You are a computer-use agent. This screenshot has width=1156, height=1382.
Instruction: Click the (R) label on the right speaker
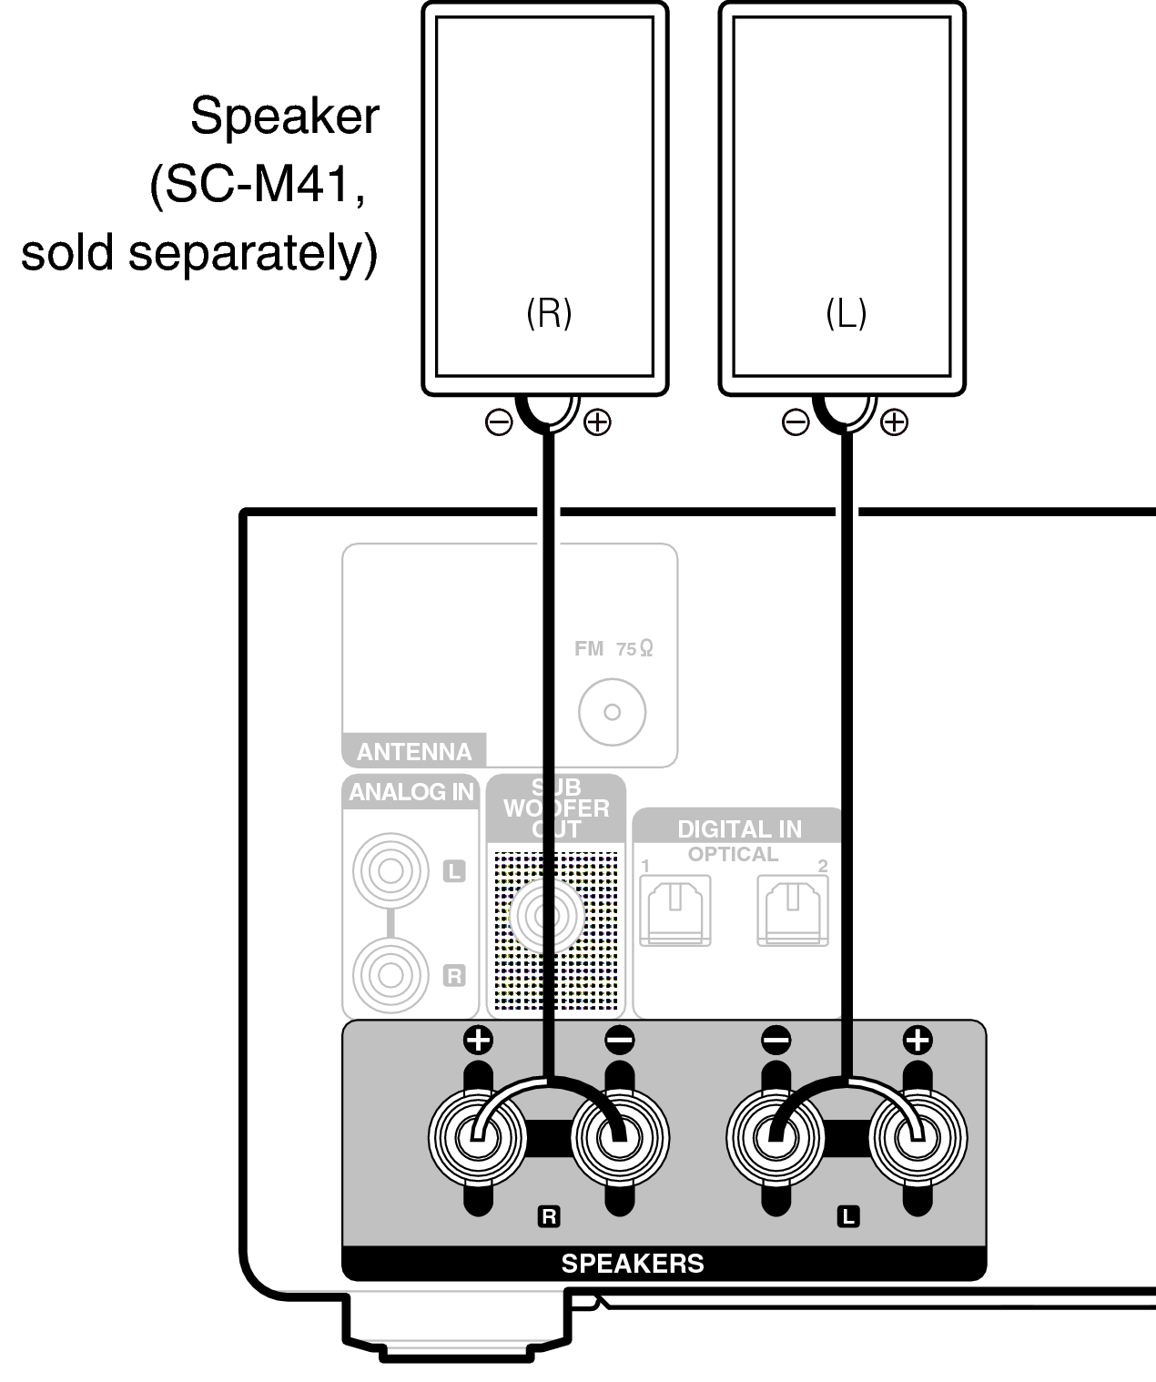tap(549, 313)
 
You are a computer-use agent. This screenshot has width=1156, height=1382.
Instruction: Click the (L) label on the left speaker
tap(846, 314)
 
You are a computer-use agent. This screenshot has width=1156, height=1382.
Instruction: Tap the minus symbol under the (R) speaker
tap(499, 422)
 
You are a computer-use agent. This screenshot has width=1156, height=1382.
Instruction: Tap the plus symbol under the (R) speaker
tap(597, 422)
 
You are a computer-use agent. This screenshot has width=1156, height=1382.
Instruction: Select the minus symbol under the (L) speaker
tap(796, 422)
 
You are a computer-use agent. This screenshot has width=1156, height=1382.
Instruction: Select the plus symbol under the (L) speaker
tap(895, 422)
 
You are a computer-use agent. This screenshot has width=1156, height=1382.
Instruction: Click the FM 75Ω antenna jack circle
tap(612, 712)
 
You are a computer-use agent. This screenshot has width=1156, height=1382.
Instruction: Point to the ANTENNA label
tap(414, 752)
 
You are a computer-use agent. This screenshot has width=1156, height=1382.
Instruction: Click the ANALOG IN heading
tap(411, 792)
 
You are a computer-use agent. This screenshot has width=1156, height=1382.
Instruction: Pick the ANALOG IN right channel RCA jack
tap(390, 975)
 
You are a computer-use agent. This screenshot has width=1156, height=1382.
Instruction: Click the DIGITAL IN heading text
tap(739, 829)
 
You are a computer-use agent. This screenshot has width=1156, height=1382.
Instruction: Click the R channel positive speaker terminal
tap(477, 1136)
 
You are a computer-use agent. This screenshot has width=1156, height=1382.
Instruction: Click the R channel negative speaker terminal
tap(620, 1136)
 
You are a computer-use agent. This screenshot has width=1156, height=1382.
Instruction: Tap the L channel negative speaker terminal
tap(776, 1136)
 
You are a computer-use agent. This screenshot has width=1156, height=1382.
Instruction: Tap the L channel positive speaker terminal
tap(918, 1136)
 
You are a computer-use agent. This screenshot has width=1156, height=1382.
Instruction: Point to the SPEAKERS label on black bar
tap(633, 1264)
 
